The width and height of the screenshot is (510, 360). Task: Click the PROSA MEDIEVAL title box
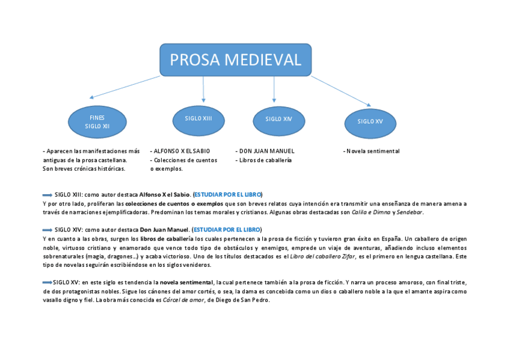point(235,60)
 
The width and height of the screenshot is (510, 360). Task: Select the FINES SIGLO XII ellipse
point(97,122)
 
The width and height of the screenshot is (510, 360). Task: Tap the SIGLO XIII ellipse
point(198,118)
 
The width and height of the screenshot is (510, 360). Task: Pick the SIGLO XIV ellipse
point(278,119)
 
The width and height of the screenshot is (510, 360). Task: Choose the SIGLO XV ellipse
point(370,122)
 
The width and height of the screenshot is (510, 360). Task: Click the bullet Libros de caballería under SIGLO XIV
point(264,160)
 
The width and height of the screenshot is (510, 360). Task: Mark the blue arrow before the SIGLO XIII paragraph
point(48,195)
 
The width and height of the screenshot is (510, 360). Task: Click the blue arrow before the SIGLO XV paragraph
point(48,282)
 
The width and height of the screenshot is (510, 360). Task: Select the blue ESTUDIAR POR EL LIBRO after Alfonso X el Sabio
point(228,195)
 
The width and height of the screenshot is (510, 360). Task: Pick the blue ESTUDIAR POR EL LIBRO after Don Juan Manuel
point(227,230)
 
